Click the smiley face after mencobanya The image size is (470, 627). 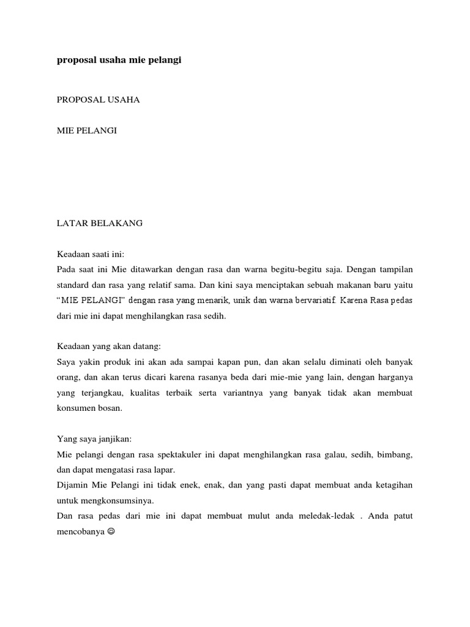111,532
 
